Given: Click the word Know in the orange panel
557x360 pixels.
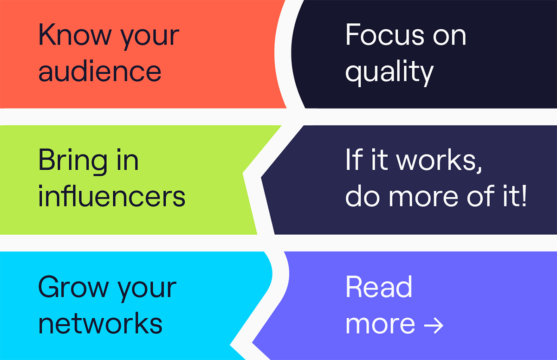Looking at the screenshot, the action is click(75, 34).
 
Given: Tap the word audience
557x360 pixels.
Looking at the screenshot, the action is click(100, 71).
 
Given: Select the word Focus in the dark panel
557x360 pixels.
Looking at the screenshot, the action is click(385, 34).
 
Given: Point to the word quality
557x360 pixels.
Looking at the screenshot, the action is click(389, 73).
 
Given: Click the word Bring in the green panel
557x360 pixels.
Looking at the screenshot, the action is click(73, 161).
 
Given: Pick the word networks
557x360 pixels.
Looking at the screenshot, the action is click(100, 322).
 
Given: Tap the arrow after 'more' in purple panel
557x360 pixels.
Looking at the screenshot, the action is click(434, 325).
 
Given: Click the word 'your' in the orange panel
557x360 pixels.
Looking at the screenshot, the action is click(150, 37).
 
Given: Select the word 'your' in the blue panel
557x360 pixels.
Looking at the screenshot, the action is click(147, 289).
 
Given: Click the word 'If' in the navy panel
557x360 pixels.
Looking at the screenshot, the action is click(354, 159).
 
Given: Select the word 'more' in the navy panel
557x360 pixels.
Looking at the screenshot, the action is click(423, 198).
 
